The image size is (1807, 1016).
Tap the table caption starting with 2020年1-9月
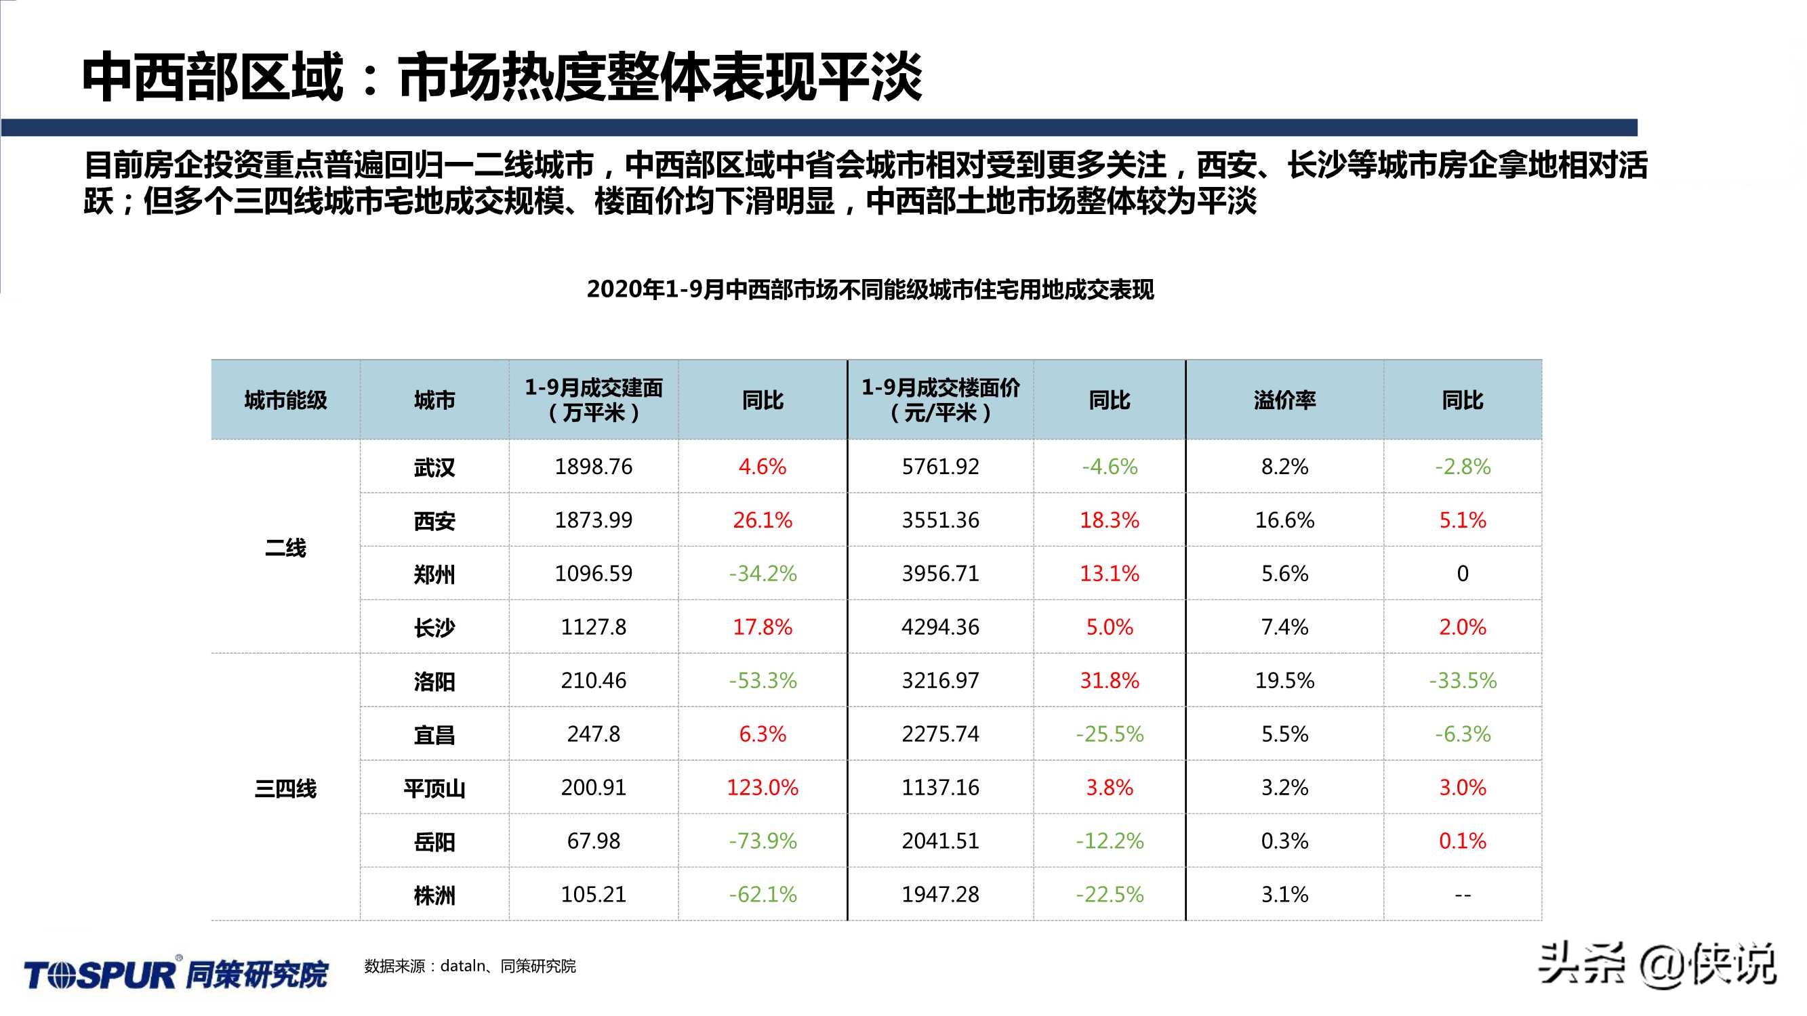(x=870, y=290)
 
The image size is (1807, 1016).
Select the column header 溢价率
(x=1284, y=400)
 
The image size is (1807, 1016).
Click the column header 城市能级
(x=285, y=400)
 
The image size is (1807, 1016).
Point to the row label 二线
(x=285, y=547)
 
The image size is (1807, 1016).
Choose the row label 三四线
(x=285, y=788)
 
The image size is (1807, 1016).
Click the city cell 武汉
(x=434, y=467)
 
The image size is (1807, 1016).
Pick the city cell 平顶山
(x=434, y=788)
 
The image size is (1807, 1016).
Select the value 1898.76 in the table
(x=594, y=467)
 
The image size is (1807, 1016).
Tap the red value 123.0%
(x=763, y=788)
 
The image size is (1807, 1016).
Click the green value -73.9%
(x=763, y=841)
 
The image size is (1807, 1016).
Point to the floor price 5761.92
(x=940, y=467)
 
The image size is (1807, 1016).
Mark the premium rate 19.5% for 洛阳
(x=1284, y=681)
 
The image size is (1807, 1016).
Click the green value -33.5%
(x=1463, y=681)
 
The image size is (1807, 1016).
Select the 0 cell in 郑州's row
(x=1463, y=574)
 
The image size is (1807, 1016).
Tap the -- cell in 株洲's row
(x=1463, y=895)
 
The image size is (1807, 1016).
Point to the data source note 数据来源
(x=469, y=967)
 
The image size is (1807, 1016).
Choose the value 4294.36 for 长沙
(x=940, y=627)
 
